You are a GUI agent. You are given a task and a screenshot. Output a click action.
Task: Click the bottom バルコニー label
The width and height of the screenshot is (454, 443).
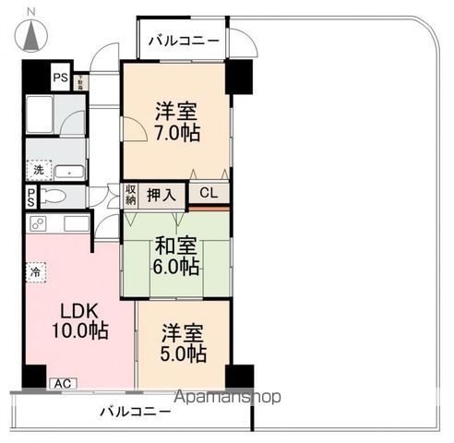point(135,412)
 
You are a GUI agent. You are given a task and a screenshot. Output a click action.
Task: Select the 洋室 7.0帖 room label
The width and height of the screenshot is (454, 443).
point(176,120)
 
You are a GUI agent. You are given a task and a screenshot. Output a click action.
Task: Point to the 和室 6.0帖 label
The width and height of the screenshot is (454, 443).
point(174,256)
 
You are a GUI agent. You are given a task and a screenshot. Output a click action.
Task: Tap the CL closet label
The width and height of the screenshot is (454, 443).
point(209,194)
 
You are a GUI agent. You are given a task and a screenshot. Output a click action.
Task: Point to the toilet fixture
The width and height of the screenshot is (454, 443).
point(54,197)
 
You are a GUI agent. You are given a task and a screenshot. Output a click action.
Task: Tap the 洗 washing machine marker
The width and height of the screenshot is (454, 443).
point(38,170)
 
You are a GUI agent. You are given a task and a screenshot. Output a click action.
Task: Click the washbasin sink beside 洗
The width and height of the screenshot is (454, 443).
point(69,171)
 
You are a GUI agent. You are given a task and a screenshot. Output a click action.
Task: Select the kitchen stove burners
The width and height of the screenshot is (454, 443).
point(39,223)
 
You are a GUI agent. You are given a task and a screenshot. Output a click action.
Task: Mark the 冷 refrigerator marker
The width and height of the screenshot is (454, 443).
point(35,272)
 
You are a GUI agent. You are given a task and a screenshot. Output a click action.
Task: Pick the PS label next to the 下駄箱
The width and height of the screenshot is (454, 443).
point(60,78)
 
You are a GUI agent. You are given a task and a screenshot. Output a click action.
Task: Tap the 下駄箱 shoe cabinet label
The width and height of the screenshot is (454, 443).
point(80,78)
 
